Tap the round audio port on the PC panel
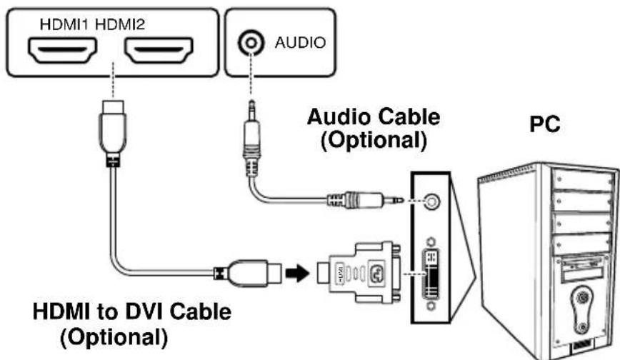pos(429,202)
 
